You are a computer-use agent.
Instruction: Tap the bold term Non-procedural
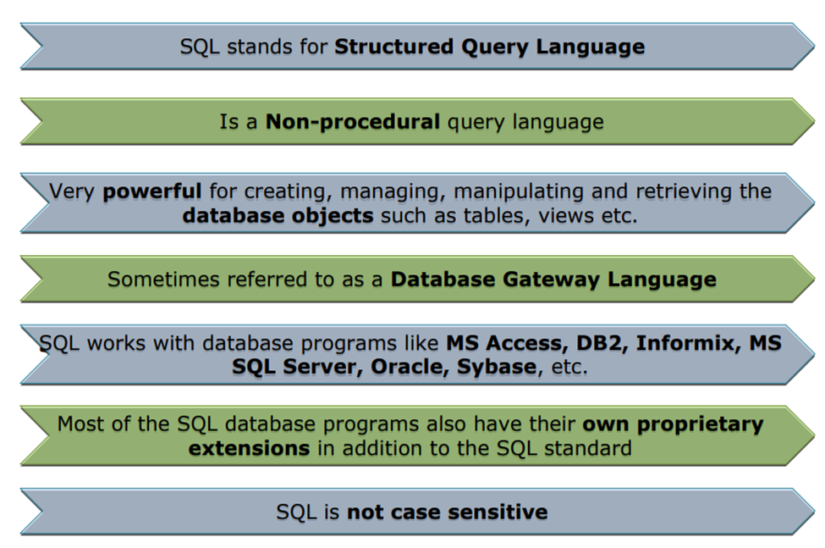pyautogui.click(x=353, y=122)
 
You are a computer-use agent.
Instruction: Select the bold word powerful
pyautogui.click(x=152, y=191)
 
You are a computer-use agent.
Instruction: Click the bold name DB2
pyautogui.click(x=602, y=343)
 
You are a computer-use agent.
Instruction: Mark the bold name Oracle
pyautogui.click(x=410, y=367)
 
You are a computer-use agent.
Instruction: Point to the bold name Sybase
pyautogui.click(x=497, y=368)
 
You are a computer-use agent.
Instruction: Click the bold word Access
pyautogui.click(x=527, y=343)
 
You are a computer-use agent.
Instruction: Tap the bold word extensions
pyautogui.click(x=249, y=449)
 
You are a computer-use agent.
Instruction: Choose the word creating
pyautogui.click(x=289, y=191)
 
